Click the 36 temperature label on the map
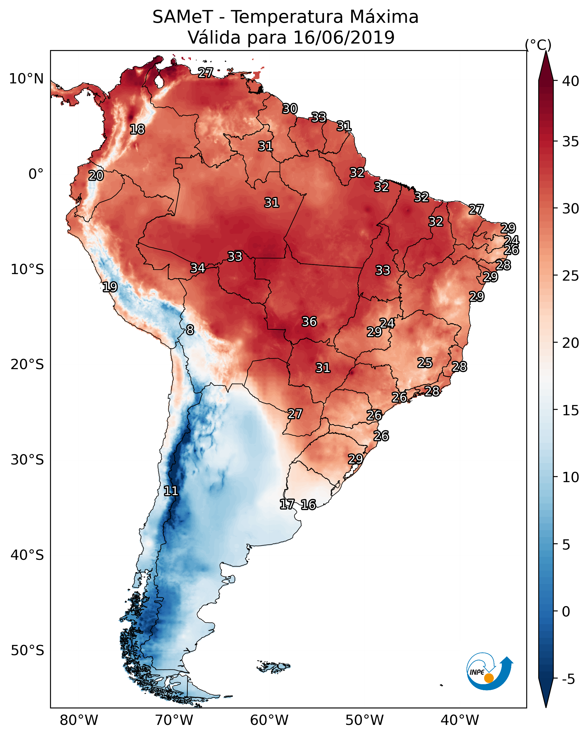tap(309, 322)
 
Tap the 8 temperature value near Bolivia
tap(190, 330)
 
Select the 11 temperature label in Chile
tap(171, 491)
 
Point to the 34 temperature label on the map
tap(198, 268)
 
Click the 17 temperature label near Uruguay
tap(287, 504)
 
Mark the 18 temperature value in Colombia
tap(137, 129)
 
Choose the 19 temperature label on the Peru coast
tap(110, 287)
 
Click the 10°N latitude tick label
tap(26, 79)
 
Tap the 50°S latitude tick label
tap(27, 651)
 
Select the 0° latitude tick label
tap(36, 174)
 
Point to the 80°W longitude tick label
tap(79, 720)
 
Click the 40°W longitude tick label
tap(460, 720)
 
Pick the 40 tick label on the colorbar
tap(571, 81)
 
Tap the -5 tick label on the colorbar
tap(568, 679)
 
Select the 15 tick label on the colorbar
tap(571, 410)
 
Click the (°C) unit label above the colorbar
tap(538, 45)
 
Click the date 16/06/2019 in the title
tap(344, 38)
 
